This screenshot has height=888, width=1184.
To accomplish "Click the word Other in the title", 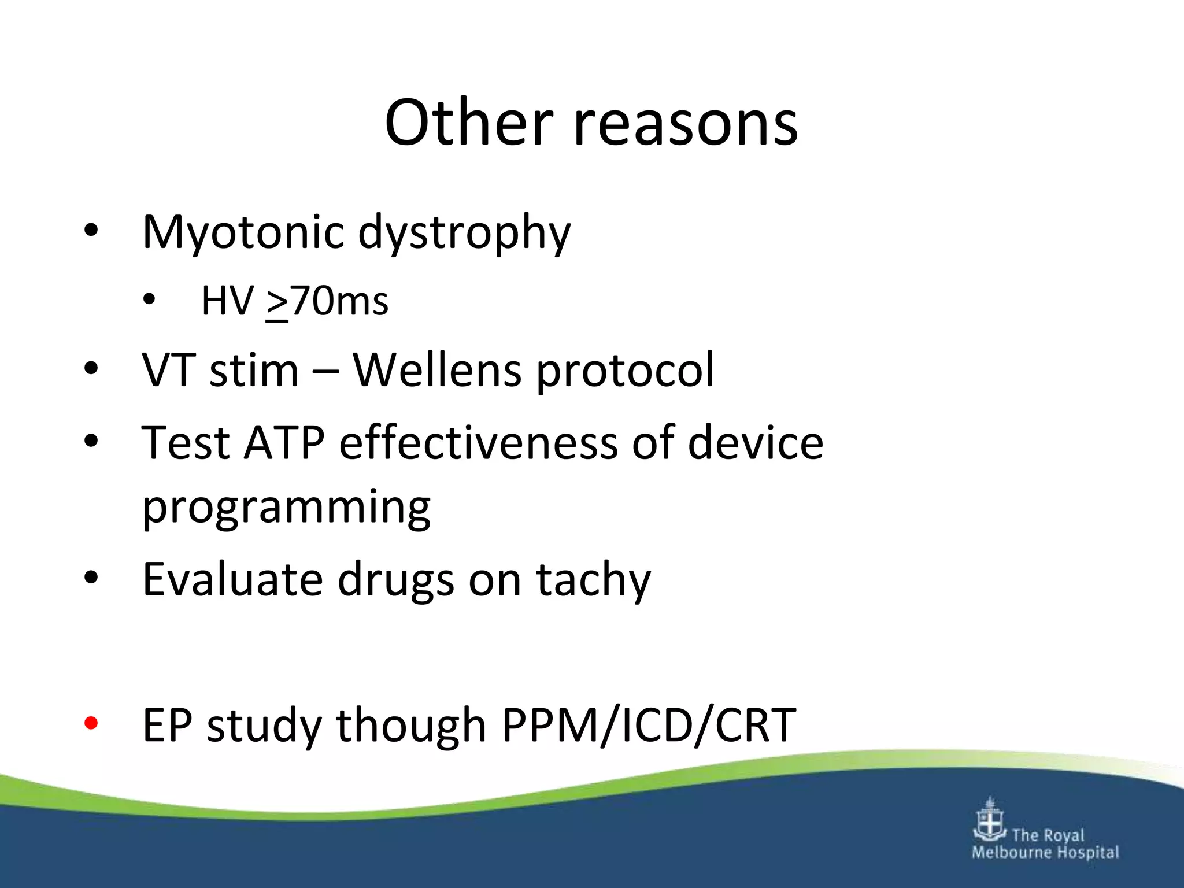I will pyautogui.click(x=468, y=123).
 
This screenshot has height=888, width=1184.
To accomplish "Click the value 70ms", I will pyautogui.click(x=339, y=301).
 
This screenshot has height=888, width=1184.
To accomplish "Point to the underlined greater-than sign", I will pyautogui.click(x=277, y=302).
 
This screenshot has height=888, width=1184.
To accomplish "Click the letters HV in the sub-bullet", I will pyautogui.click(x=227, y=301).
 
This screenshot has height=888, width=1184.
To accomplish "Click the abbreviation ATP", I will pyautogui.click(x=283, y=443).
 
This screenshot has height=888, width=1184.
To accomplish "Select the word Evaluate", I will pyautogui.click(x=232, y=579).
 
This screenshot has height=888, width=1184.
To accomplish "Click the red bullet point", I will pyautogui.click(x=91, y=723).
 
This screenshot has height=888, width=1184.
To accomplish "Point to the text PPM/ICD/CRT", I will pyautogui.click(x=649, y=725).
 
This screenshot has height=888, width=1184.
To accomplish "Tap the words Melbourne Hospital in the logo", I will pyautogui.click(x=1045, y=852).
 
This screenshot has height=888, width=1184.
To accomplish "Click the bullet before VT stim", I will pyautogui.click(x=91, y=368).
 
